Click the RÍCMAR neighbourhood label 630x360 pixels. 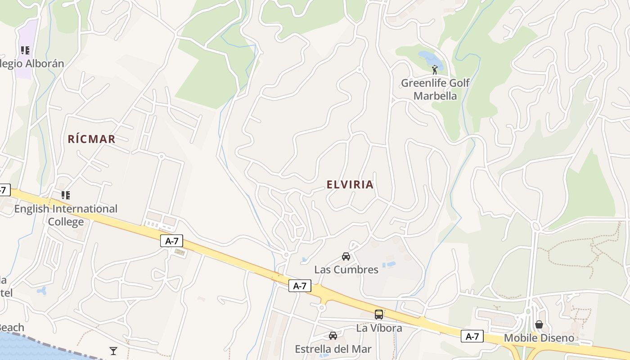(x=92, y=139)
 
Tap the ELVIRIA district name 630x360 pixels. (x=350, y=184)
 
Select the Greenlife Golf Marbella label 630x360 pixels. (x=435, y=89)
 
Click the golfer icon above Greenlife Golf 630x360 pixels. (x=435, y=70)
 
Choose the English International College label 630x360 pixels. (x=66, y=215)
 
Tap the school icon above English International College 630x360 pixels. (x=66, y=195)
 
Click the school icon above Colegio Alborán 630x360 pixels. (x=25, y=50)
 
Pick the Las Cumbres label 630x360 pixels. (x=346, y=270)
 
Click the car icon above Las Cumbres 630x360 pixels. (x=346, y=256)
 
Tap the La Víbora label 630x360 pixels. (x=379, y=328)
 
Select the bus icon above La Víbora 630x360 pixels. (x=379, y=315)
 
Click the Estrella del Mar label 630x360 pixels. (x=333, y=349)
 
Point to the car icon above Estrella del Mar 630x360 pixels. (x=333, y=336)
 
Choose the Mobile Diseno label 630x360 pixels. (x=539, y=338)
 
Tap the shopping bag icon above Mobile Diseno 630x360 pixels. (x=539, y=324)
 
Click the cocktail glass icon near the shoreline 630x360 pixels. (x=113, y=351)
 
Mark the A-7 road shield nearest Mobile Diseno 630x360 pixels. (x=472, y=336)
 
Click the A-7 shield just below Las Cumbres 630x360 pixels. (x=300, y=286)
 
